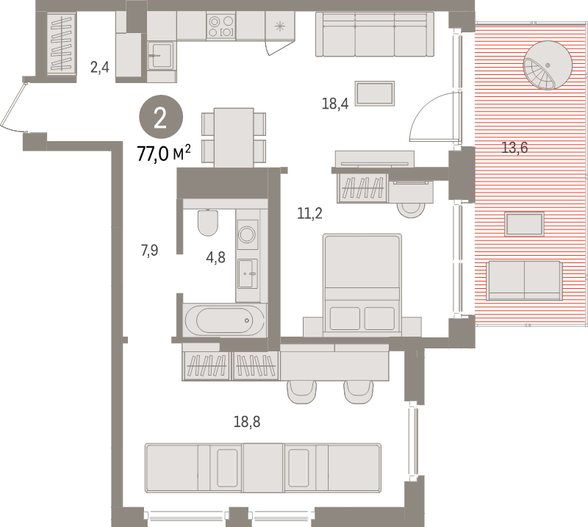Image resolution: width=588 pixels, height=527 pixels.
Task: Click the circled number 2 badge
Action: [x=160, y=117]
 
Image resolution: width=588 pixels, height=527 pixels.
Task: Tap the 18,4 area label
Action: [x=334, y=104]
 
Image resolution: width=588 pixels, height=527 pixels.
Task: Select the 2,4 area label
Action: [x=99, y=68]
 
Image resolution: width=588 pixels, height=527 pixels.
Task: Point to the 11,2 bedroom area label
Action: [x=309, y=214]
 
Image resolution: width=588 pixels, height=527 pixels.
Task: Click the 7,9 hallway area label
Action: [x=149, y=251]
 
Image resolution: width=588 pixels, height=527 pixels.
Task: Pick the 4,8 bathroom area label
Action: [x=215, y=258]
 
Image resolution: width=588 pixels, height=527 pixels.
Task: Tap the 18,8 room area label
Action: [x=247, y=422]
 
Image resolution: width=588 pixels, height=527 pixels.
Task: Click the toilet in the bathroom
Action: [x=208, y=221]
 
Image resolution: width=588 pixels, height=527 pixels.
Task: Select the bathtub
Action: [x=224, y=320]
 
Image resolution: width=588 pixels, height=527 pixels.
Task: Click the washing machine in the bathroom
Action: [x=247, y=234]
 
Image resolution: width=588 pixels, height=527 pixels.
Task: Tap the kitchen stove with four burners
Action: [x=220, y=26]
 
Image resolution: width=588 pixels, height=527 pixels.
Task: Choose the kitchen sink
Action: [x=161, y=54]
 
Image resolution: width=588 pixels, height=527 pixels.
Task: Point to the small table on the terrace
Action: [x=524, y=224]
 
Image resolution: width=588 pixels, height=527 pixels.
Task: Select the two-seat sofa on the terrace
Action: [x=524, y=280]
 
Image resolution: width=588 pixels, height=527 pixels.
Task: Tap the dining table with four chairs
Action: [x=234, y=137]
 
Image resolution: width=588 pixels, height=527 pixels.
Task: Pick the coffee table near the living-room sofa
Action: [x=375, y=94]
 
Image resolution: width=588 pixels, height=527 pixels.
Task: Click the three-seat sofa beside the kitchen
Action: [x=375, y=34]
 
